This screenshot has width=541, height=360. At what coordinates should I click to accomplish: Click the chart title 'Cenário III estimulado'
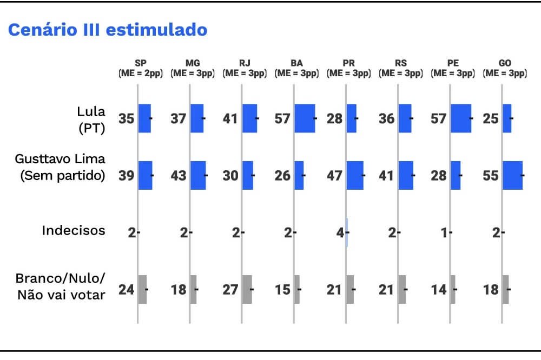(108, 30)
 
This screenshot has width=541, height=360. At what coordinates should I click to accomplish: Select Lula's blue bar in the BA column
(305, 118)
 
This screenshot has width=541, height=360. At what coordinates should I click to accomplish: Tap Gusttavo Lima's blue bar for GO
(512, 175)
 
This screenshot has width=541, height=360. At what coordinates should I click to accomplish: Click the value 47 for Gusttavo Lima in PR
(334, 175)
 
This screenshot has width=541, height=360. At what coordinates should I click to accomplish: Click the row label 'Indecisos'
(74, 231)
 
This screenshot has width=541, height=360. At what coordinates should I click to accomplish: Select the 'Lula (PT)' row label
(90, 118)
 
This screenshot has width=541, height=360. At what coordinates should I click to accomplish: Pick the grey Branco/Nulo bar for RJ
(247, 289)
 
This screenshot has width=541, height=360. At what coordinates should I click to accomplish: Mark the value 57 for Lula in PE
(439, 118)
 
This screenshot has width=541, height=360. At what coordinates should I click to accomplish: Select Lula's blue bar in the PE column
(460, 118)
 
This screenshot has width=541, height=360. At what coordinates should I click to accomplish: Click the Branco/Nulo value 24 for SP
(127, 289)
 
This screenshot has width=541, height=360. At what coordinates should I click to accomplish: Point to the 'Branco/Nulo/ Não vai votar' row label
(60, 286)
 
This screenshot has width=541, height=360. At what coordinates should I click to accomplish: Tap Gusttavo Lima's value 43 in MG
(179, 175)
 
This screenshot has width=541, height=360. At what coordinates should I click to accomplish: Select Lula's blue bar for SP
(144, 118)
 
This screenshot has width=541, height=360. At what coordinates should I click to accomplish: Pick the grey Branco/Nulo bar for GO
(505, 289)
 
